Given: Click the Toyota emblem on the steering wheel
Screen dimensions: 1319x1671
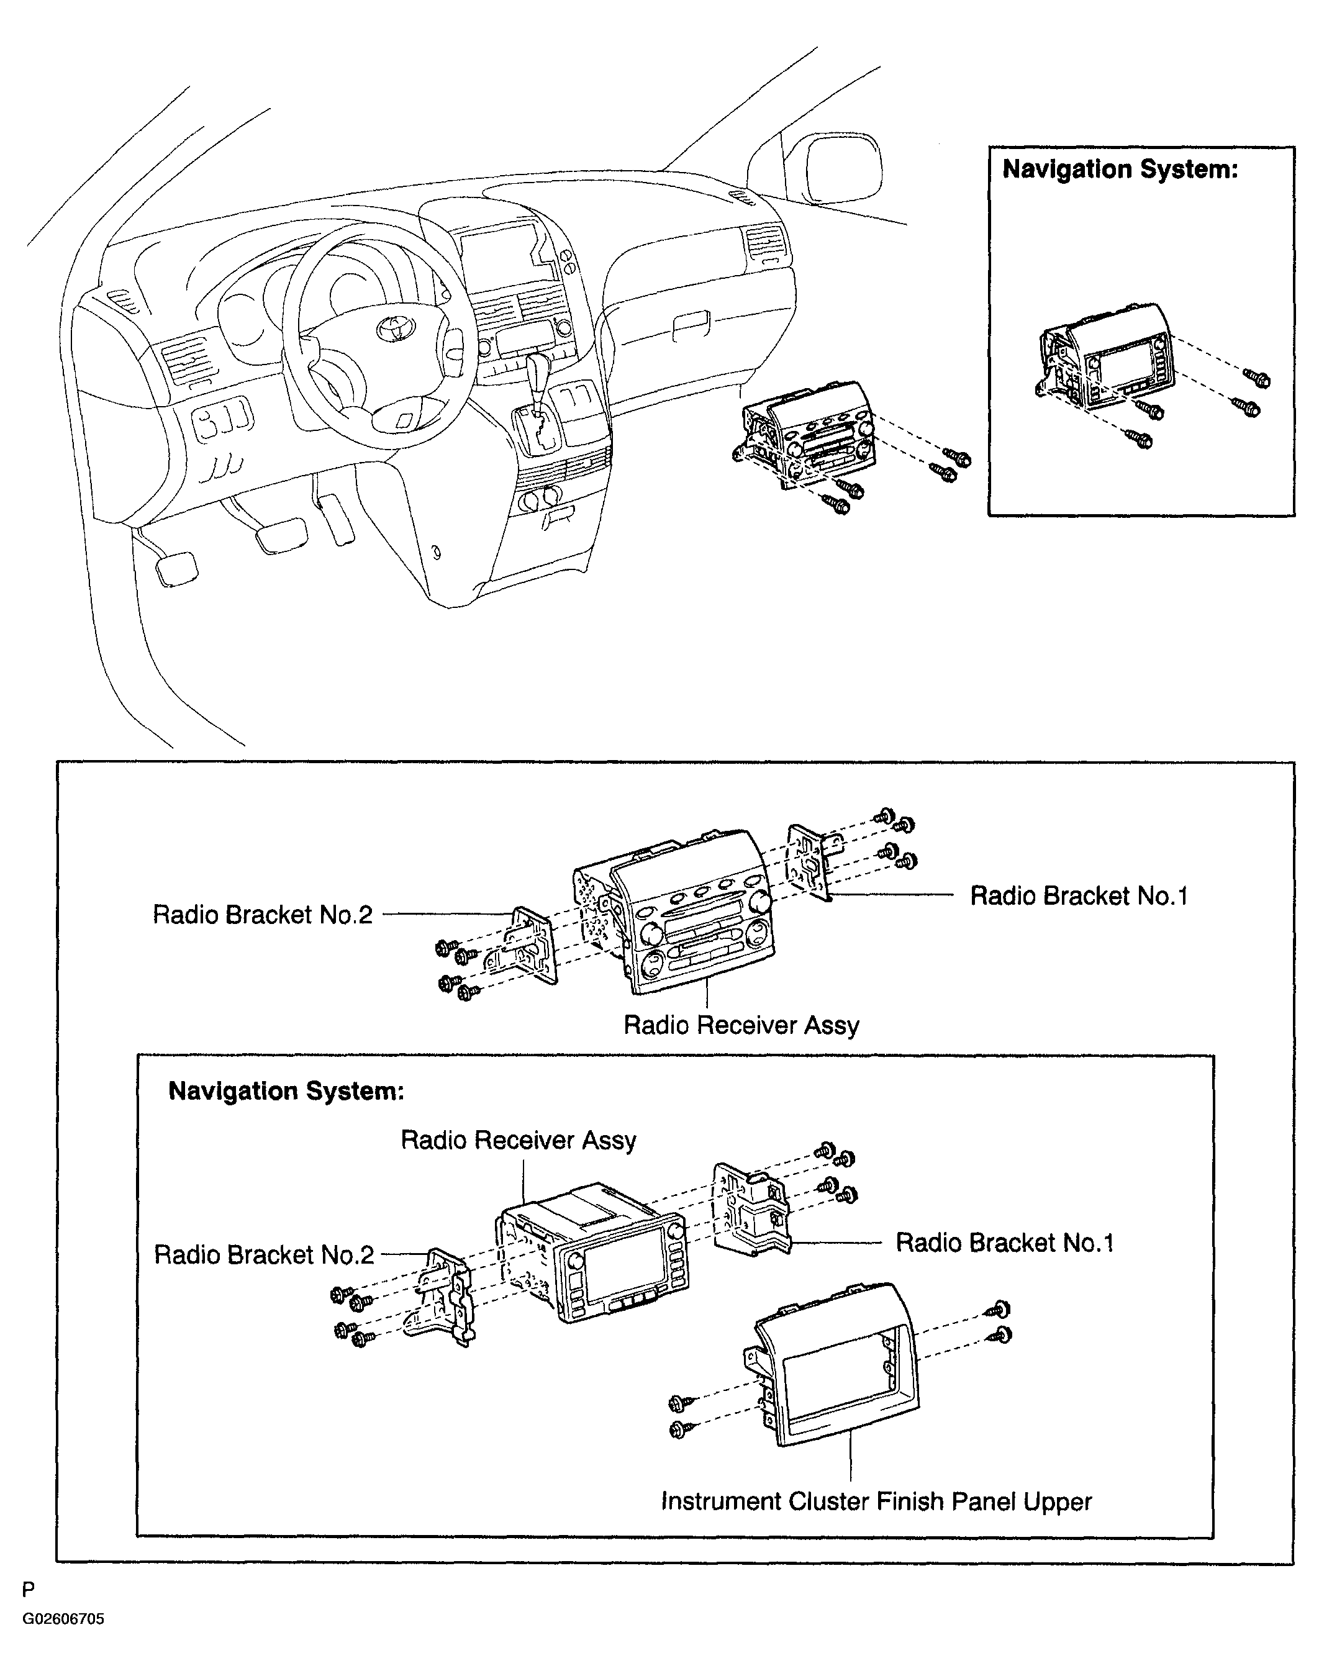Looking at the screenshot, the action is pos(396,330).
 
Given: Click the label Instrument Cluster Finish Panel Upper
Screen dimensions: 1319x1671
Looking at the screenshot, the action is pos(876,1502).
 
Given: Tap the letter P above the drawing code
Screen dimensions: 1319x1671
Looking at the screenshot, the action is pos(29,1590).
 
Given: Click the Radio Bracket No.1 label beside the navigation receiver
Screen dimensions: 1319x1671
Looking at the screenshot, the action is pos(1005,1243).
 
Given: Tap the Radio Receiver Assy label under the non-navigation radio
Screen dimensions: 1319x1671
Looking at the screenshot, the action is pos(741,1025).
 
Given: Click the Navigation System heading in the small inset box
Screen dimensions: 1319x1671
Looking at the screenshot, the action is pos(1120,169).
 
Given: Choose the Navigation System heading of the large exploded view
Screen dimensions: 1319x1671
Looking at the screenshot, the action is pos(286,1090).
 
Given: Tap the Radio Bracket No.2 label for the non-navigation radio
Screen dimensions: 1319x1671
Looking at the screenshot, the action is pos(263,914).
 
